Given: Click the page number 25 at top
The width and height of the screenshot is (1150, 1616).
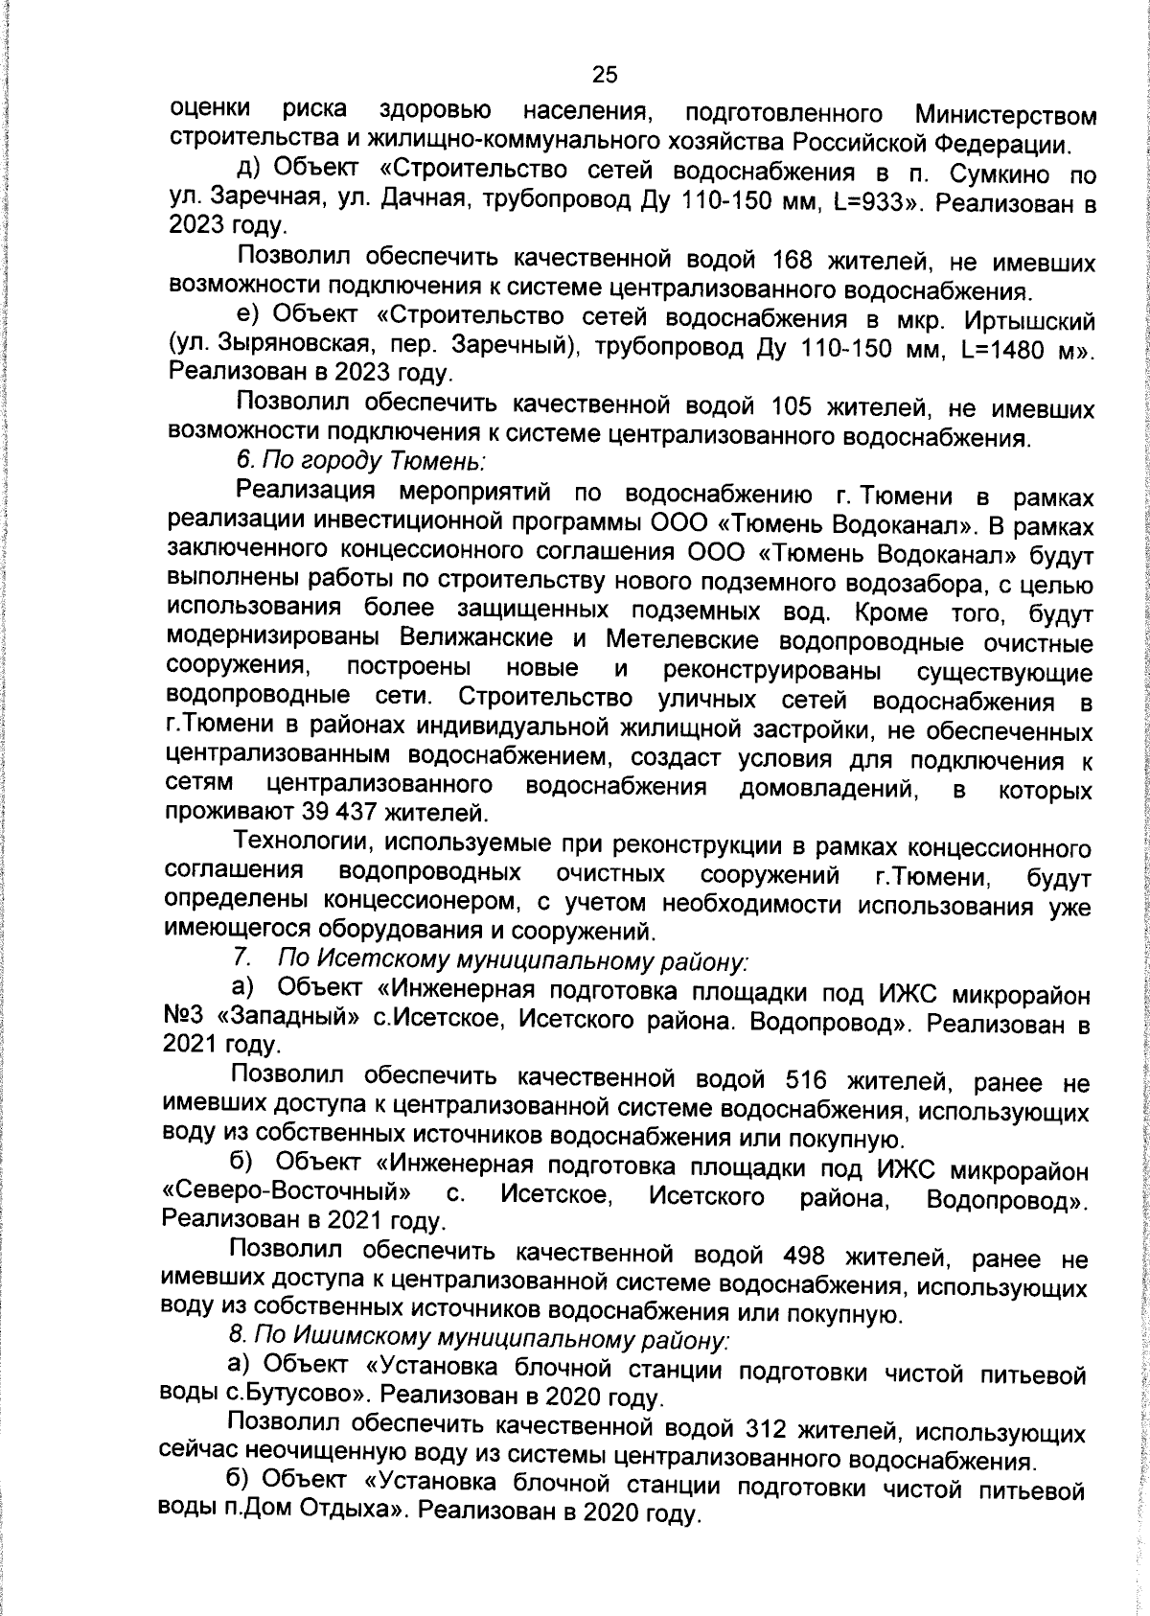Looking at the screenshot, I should click(604, 75).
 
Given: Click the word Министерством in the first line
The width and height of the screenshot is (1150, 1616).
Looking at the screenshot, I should click(1005, 115).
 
